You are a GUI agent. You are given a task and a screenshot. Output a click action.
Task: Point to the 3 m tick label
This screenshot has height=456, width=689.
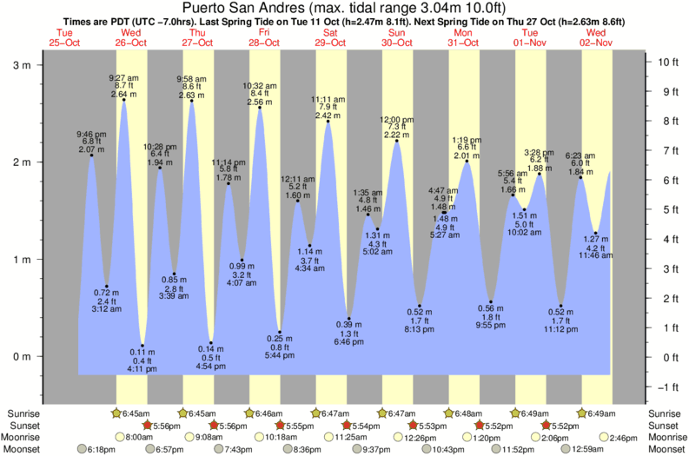(x=22, y=64)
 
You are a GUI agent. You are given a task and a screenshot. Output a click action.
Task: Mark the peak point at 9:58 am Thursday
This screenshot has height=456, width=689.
(x=192, y=101)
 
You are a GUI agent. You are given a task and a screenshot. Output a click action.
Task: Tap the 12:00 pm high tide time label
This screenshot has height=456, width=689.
(x=396, y=119)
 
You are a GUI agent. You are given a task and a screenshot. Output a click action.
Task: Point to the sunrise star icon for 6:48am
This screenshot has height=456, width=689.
(x=450, y=413)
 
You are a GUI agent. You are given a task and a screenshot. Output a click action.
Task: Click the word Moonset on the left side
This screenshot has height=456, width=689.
(x=24, y=449)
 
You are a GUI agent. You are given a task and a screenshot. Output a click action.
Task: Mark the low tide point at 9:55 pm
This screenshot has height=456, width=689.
(x=491, y=301)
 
